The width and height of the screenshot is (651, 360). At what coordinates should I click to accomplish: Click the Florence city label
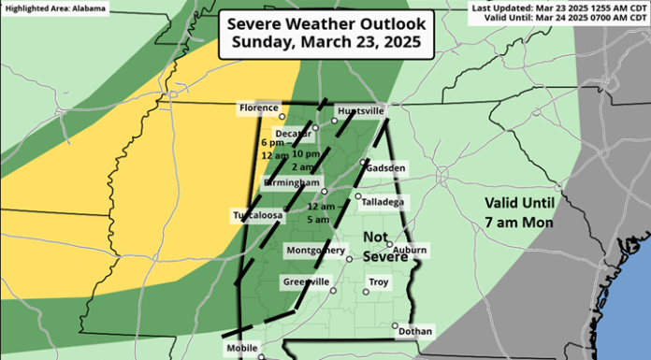click(x=255, y=108)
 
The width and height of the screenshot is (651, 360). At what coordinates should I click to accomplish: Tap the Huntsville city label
click(x=359, y=109)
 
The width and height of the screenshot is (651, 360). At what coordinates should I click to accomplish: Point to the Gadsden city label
click(x=385, y=168)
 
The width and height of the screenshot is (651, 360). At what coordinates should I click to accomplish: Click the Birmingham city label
click(x=293, y=181)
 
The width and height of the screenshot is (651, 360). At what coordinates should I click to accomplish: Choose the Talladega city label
click(x=383, y=202)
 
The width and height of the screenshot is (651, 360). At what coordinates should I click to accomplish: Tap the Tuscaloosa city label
click(x=256, y=216)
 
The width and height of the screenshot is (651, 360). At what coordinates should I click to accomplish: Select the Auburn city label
click(x=410, y=251)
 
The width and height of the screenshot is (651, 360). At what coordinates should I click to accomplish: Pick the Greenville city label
click(x=306, y=281)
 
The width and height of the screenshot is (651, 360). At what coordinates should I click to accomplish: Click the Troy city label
click(x=379, y=281)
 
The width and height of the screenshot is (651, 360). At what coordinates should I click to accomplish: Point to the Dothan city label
click(x=414, y=331)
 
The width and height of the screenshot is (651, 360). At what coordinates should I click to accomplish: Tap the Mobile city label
click(x=240, y=348)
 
